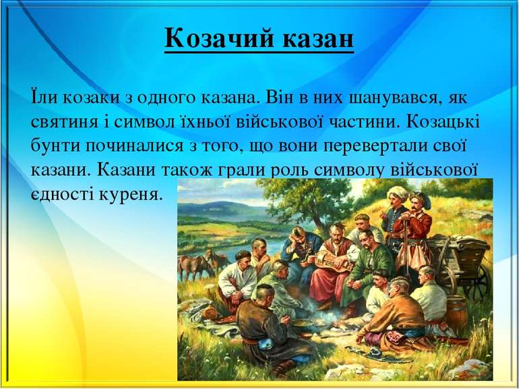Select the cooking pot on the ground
(299, 326)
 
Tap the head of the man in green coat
(365, 237)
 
